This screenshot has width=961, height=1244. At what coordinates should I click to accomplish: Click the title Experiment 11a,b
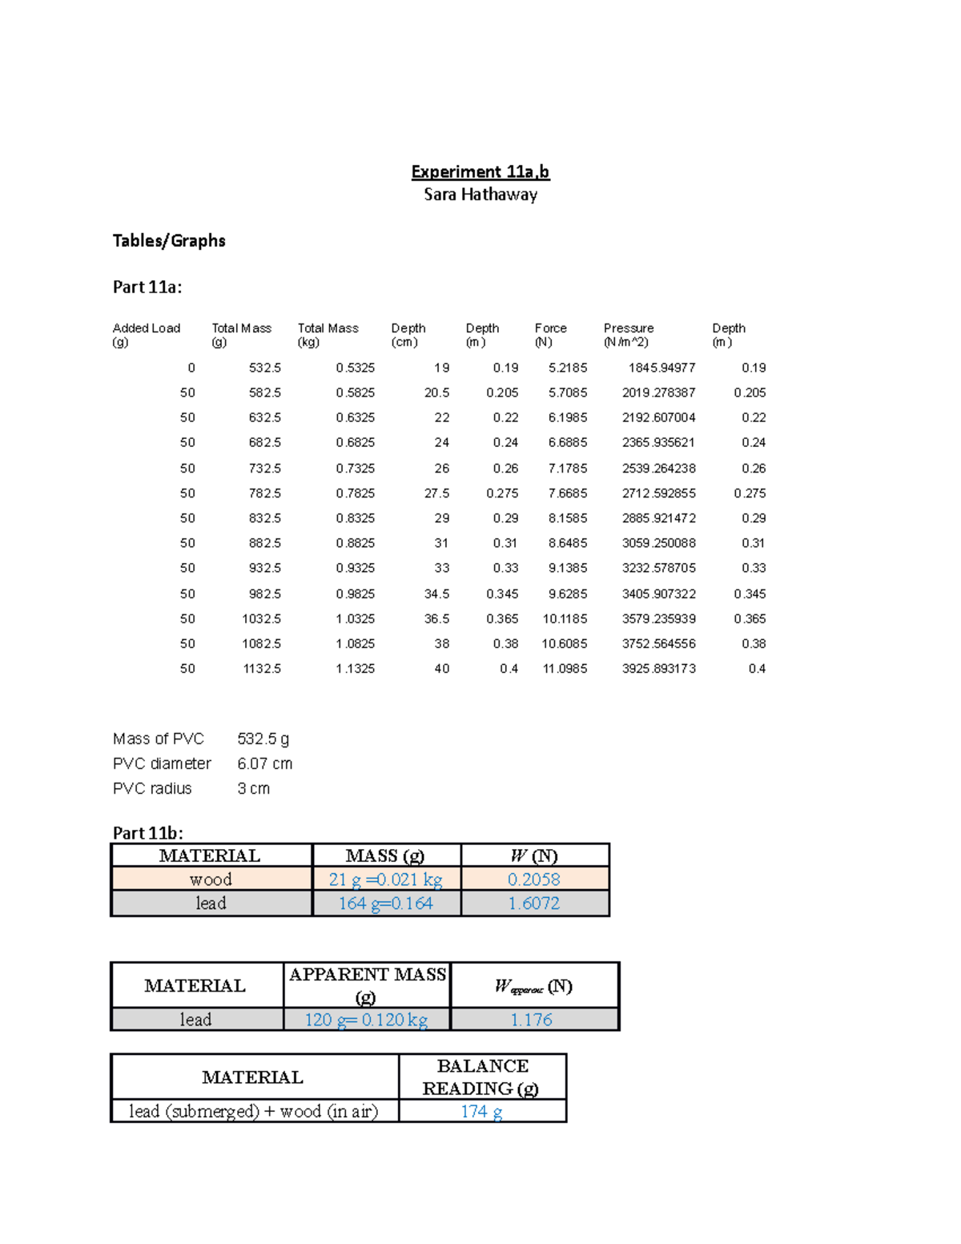(480, 171)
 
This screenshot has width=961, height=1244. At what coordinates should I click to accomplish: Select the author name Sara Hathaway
(480, 195)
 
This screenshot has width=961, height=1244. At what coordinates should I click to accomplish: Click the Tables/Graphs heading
(169, 240)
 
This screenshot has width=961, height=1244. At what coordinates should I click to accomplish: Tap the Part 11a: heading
(147, 287)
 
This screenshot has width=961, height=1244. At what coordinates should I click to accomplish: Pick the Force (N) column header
(550, 335)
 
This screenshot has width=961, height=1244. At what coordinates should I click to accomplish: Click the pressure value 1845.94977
(661, 368)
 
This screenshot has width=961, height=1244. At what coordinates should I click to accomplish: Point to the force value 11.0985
(565, 668)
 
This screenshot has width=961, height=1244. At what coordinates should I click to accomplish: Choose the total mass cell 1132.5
(262, 668)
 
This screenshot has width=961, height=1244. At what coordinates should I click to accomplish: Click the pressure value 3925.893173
(658, 668)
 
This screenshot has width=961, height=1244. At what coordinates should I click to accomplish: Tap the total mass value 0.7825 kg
(355, 493)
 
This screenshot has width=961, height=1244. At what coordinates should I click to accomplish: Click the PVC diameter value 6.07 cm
(264, 763)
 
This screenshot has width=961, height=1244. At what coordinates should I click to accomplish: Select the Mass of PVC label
(159, 739)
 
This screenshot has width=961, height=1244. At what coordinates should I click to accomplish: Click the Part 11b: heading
(148, 832)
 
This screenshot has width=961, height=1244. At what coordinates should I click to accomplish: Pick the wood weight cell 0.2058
(533, 880)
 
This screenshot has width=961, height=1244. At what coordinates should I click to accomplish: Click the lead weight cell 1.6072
(533, 904)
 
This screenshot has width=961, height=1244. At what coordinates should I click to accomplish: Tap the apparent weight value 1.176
(532, 1020)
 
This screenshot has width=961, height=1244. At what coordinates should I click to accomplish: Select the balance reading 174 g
(481, 1111)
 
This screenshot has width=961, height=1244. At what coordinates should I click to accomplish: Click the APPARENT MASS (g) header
(367, 985)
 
